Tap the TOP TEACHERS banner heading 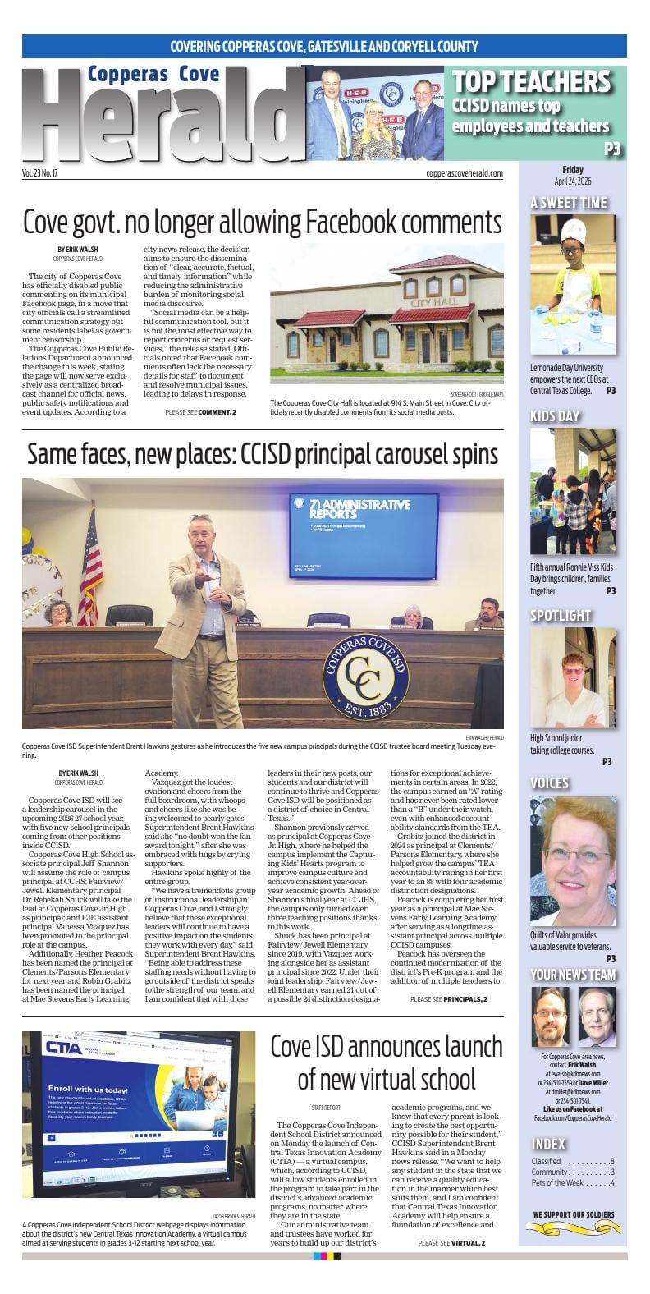(531, 81)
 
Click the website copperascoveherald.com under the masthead (465, 173)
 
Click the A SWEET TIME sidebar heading (569, 203)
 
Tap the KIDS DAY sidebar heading (555, 416)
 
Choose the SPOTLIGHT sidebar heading (561, 615)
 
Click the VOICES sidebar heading (549, 782)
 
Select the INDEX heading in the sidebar (548, 1144)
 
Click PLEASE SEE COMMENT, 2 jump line (200, 411)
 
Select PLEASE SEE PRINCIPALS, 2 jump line (448, 998)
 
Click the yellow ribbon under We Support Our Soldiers (573, 1228)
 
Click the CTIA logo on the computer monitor (63, 1048)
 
